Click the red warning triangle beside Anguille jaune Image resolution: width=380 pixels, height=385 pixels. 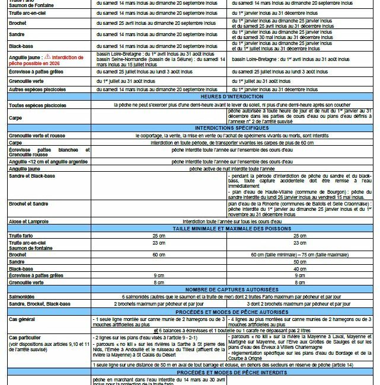coord(47,57)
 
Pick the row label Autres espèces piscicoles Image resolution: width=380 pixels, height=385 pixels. coord(37,89)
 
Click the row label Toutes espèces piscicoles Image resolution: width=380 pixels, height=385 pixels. coord(37,105)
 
